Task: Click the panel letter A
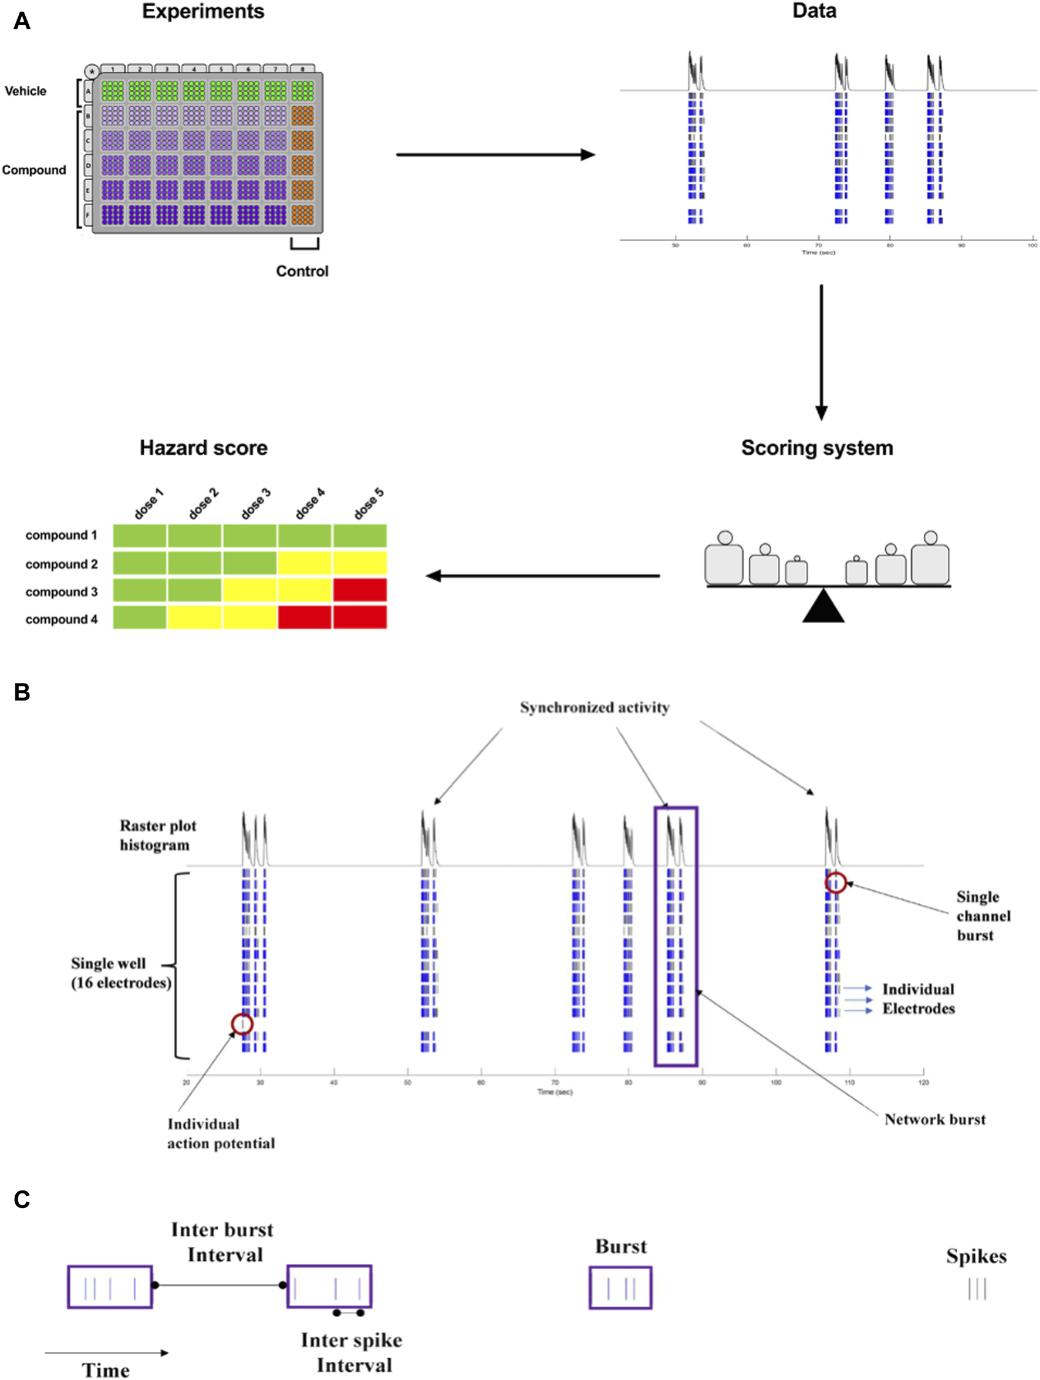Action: [x=22, y=21]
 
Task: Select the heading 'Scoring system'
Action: [x=816, y=448]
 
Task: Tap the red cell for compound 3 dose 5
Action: [x=359, y=590]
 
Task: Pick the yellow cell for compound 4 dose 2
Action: [x=194, y=618]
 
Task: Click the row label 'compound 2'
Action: [x=61, y=564]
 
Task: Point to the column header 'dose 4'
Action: [x=310, y=504]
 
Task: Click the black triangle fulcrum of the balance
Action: [x=823, y=608]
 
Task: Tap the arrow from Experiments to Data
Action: [x=495, y=155]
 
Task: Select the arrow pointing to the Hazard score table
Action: [x=542, y=576]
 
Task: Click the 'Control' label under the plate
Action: [x=302, y=272]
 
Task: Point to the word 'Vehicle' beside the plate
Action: [x=26, y=91]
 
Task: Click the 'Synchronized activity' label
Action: [x=595, y=708]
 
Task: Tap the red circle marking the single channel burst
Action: [x=835, y=883]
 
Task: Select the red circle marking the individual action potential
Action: [x=242, y=1024]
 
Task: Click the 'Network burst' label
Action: [x=934, y=1119]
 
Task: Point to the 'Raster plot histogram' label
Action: [x=158, y=836]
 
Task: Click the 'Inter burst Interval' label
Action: [x=222, y=1242]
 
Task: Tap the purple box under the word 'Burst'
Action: [x=620, y=1288]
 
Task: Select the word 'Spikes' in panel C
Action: [x=976, y=1256]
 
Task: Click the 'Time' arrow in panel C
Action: [x=107, y=1353]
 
